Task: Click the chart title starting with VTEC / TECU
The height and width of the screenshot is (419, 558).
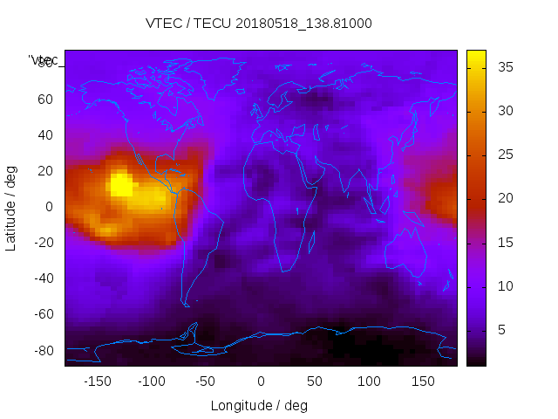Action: point(259,24)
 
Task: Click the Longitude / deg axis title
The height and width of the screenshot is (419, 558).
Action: point(259,406)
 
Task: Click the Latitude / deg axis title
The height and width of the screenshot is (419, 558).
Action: point(11,208)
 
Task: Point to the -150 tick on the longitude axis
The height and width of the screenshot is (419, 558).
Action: point(98,381)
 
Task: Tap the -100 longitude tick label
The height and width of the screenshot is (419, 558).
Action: point(152,381)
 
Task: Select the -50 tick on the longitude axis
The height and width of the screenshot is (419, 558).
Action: point(206,381)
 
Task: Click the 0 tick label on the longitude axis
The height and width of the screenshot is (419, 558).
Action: point(261,381)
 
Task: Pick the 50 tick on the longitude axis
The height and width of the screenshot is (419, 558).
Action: point(315,381)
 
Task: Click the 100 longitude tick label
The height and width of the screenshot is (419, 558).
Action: point(369,381)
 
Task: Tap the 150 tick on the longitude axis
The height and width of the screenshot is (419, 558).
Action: point(423,381)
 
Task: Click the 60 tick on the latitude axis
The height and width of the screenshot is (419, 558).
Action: point(45,99)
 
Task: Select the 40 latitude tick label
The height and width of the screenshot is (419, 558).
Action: point(45,134)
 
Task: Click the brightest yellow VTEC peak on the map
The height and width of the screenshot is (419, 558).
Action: point(120,184)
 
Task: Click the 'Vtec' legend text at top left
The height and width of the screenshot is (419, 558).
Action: point(44,60)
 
